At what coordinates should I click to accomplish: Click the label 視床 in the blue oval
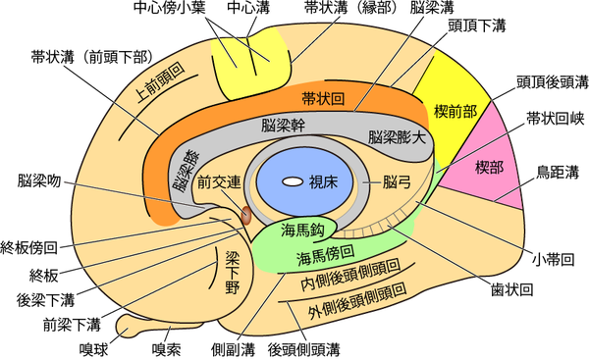(324, 181)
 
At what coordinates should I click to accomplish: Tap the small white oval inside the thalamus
(292, 181)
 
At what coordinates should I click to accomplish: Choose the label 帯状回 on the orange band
(322, 98)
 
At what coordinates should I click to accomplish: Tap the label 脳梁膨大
(397, 136)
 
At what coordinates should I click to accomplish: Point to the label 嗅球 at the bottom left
(93, 346)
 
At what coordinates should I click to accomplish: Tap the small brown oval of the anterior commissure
(246, 211)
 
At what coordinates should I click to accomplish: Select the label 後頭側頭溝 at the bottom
(304, 347)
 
